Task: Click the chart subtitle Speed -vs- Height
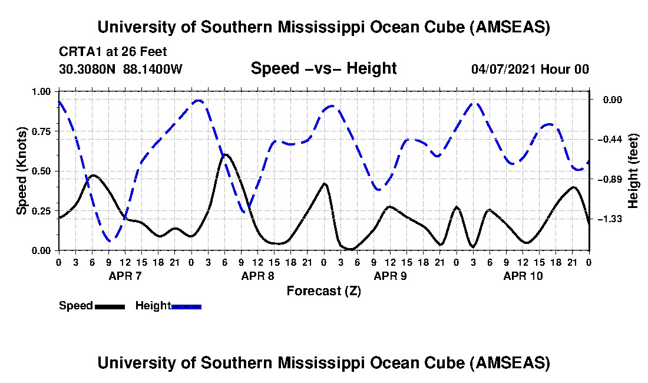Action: [x=323, y=68]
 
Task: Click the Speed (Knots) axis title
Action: [x=22, y=171]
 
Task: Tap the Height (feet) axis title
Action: [x=633, y=171]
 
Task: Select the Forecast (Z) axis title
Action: [x=323, y=290]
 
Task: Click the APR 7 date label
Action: [x=125, y=275]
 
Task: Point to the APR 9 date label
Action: [x=390, y=275]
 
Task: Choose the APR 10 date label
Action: [x=523, y=275]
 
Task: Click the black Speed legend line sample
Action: [x=110, y=306]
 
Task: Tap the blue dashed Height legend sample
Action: [x=186, y=306]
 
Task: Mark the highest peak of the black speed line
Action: [x=225, y=155]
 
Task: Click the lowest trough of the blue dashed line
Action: [x=110, y=240]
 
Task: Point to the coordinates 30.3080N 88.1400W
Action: [x=121, y=69]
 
